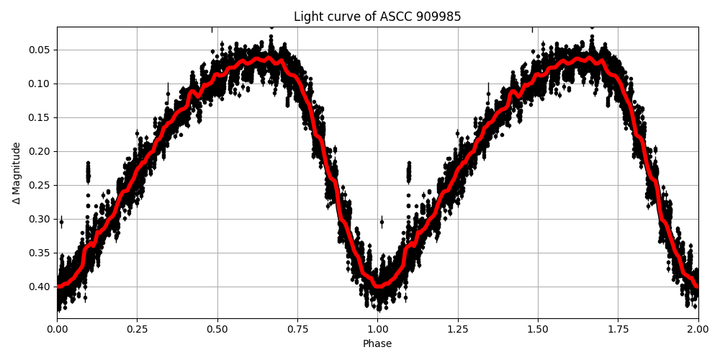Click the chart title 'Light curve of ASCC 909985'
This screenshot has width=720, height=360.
click(x=377, y=17)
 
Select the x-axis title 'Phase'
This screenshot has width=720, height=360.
click(x=377, y=344)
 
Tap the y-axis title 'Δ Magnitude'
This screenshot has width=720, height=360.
click(x=17, y=173)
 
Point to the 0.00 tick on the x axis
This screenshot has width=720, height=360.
click(x=57, y=329)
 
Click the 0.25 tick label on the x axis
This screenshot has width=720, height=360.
click(x=137, y=329)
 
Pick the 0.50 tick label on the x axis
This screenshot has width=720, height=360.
click(x=217, y=329)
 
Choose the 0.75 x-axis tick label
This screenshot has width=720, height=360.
click(x=297, y=329)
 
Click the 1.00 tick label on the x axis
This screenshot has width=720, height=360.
click(x=377, y=329)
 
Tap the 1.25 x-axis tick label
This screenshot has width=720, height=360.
click(x=458, y=329)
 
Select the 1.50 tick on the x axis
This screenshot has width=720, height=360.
click(x=538, y=329)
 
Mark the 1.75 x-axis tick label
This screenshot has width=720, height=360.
click(x=618, y=329)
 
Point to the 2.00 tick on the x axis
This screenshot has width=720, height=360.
click(x=698, y=329)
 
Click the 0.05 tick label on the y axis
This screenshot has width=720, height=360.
click(x=40, y=50)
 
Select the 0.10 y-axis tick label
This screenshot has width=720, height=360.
click(x=40, y=84)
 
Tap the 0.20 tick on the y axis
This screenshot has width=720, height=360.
click(x=40, y=151)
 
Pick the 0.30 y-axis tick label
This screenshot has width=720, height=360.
click(x=40, y=219)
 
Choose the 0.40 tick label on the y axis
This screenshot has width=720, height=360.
click(x=40, y=287)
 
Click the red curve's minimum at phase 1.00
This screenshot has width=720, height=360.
click(x=378, y=286)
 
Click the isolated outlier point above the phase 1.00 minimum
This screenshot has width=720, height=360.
click(x=382, y=222)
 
